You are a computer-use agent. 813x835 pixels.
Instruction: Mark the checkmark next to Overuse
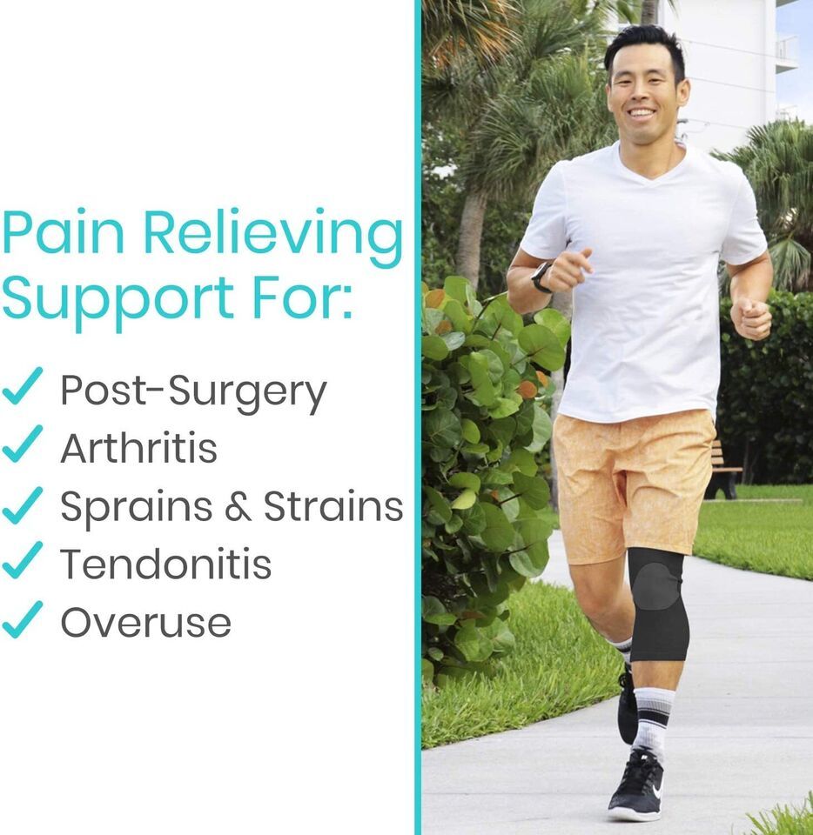(23, 619)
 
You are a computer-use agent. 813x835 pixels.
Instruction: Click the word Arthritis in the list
(139, 448)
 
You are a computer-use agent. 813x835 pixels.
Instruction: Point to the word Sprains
(137, 507)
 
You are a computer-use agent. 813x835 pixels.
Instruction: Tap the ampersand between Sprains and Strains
(239, 506)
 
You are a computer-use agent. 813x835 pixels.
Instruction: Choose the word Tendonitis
(166, 564)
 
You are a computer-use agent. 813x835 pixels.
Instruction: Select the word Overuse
(146, 622)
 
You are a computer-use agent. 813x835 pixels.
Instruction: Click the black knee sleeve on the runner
(657, 605)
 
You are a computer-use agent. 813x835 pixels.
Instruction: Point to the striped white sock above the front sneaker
(653, 719)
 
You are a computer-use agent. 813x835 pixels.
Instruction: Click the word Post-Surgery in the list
(193, 391)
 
